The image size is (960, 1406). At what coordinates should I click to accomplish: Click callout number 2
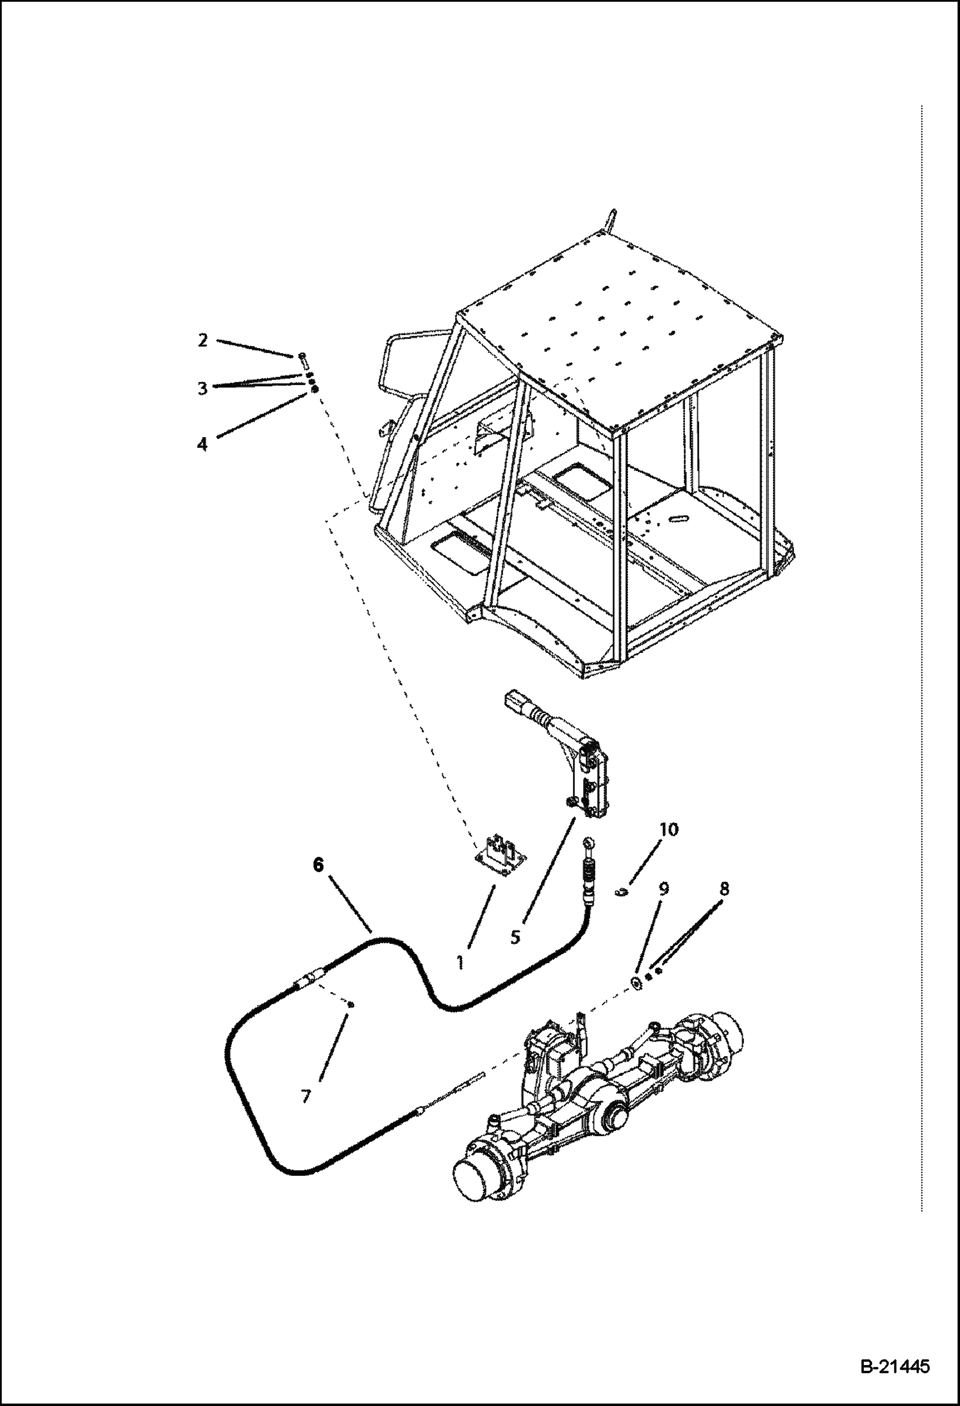coord(203,341)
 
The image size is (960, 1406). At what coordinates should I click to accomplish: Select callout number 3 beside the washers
coord(203,388)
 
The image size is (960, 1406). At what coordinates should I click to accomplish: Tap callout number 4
coord(203,443)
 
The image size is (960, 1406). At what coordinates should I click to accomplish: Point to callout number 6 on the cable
coord(319,865)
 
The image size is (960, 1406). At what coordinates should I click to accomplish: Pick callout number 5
coord(516,936)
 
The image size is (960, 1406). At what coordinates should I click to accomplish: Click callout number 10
coord(668,829)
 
